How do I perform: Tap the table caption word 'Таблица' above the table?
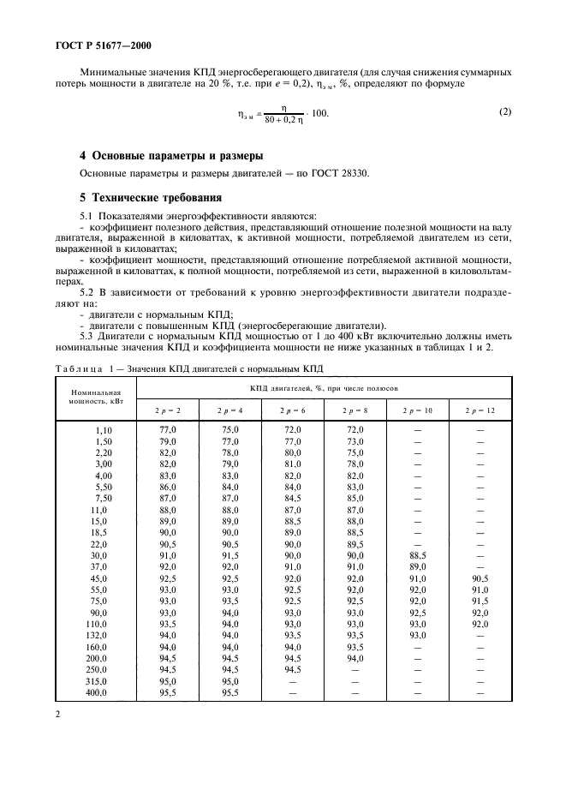80,369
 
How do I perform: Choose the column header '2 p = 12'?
480,410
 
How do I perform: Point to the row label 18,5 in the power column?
103,531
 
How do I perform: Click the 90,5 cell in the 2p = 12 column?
480,578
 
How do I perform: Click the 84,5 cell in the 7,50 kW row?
293,497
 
